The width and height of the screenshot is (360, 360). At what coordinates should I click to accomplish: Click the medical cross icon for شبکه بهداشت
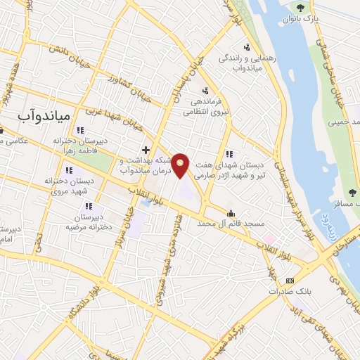pos(146,150)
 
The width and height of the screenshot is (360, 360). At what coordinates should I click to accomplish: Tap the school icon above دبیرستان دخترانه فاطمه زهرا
pos(80,130)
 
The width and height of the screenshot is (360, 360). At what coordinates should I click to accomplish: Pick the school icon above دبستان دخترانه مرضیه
pos(89,207)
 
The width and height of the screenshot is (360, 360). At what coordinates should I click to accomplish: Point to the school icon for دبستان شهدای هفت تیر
pos(229,154)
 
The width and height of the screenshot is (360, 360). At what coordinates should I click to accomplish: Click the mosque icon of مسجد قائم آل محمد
pos(231,214)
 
